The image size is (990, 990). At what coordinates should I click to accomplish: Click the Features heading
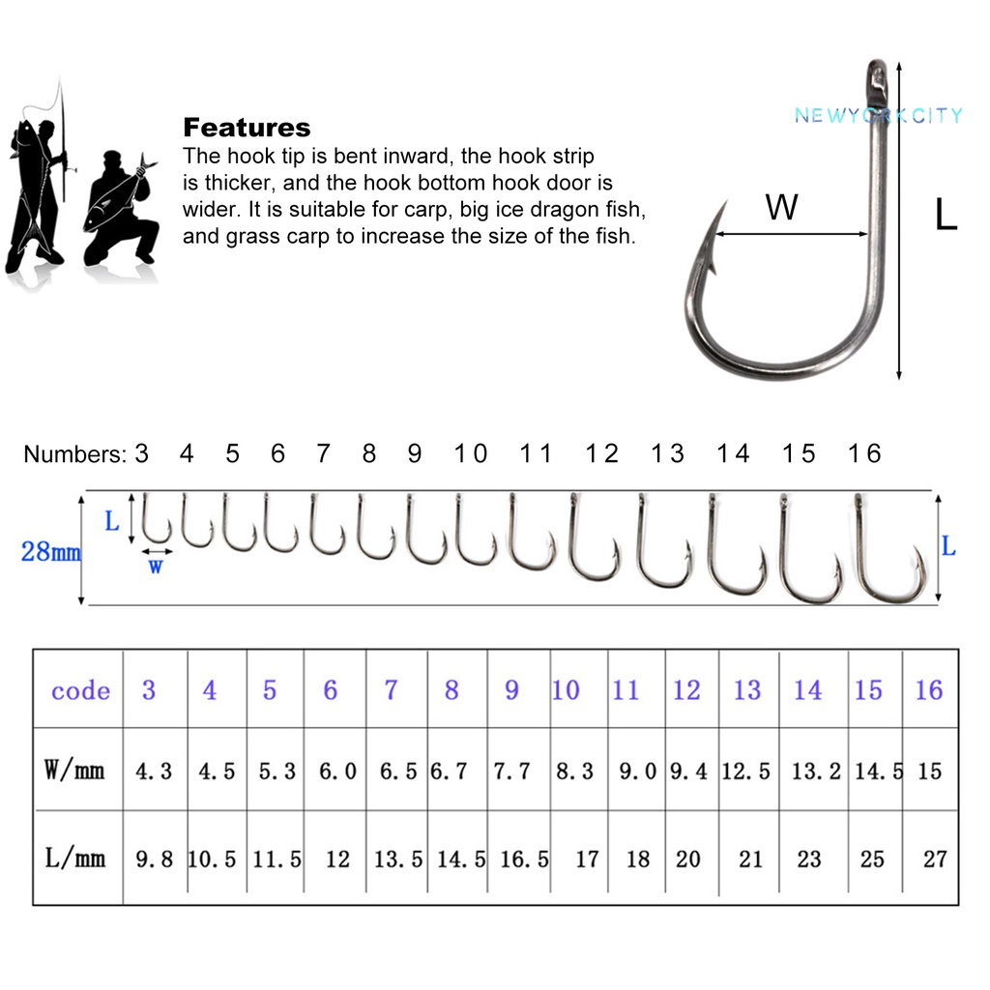point(247,128)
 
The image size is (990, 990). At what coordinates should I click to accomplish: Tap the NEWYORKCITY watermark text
point(878,116)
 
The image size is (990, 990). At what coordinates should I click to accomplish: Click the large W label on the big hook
point(781,207)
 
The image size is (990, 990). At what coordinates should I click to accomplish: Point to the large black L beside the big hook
point(946,215)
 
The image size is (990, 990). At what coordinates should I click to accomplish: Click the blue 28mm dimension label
point(50,553)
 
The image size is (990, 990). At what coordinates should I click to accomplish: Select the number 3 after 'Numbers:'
point(142,453)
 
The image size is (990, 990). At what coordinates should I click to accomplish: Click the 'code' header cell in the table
point(80,690)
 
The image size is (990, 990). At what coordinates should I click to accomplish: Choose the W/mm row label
point(74,771)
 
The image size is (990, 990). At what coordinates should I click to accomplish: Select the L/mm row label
point(74,858)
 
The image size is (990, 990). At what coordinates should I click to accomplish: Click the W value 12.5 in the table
point(746,772)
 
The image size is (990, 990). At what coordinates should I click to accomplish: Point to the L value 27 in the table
point(934,859)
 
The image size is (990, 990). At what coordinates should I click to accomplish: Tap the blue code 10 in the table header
point(566,690)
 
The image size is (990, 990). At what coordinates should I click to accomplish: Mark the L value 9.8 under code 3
point(154,859)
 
